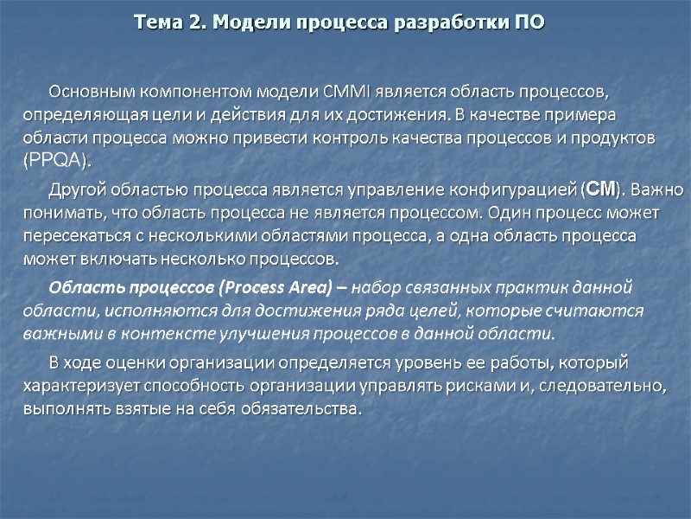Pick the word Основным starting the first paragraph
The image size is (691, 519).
[89, 92]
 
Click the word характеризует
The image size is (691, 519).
[77, 385]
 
